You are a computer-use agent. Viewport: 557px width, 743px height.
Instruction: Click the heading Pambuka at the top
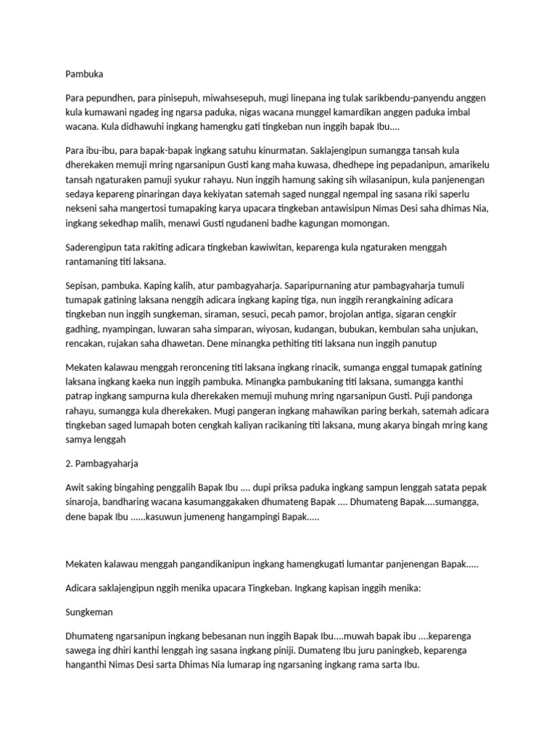[84, 73]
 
